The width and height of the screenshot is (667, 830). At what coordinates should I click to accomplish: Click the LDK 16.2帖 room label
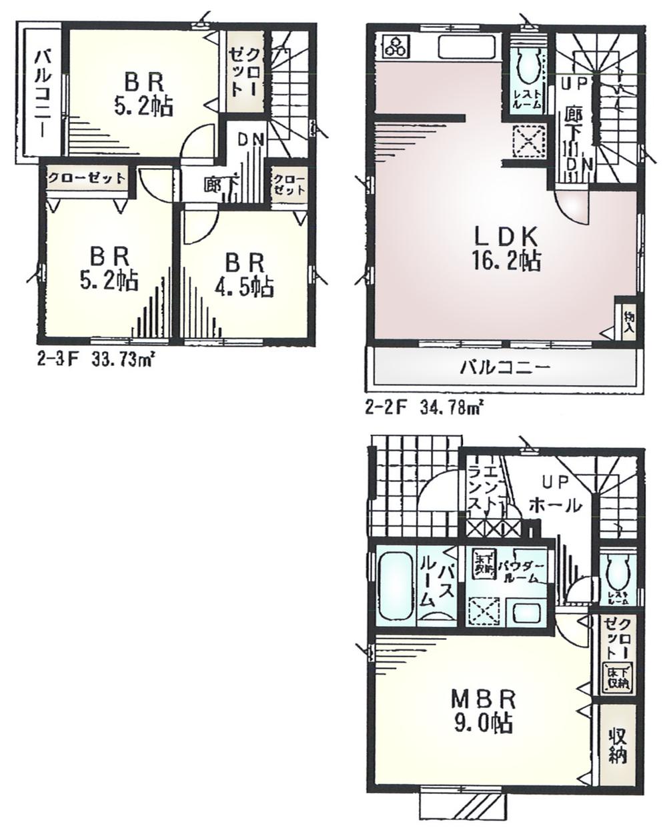[507, 248]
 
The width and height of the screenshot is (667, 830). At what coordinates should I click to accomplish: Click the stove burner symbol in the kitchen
[395, 45]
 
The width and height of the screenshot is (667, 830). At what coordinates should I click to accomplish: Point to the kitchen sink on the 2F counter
[467, 47]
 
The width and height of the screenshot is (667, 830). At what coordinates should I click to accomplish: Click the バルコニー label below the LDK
[504, 367]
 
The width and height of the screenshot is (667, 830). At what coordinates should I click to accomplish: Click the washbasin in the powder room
[525, 610]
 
